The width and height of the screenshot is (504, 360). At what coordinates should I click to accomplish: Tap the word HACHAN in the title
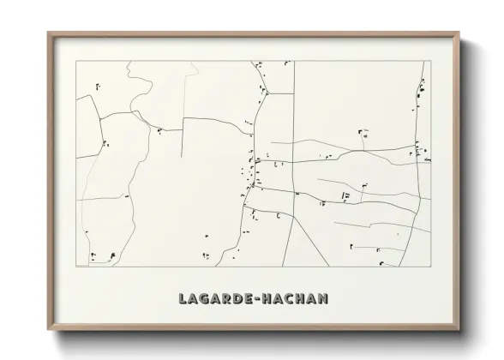[293, 298]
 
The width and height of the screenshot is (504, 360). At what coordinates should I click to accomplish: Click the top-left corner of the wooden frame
[48, 33]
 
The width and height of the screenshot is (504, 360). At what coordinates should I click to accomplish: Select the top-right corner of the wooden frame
[460, 33]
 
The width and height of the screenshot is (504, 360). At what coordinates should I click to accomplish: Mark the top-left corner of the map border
[76, 62]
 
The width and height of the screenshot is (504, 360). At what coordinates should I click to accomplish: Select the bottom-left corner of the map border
[76, 267]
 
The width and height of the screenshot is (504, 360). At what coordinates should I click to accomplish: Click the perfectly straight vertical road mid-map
[295, 129]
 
